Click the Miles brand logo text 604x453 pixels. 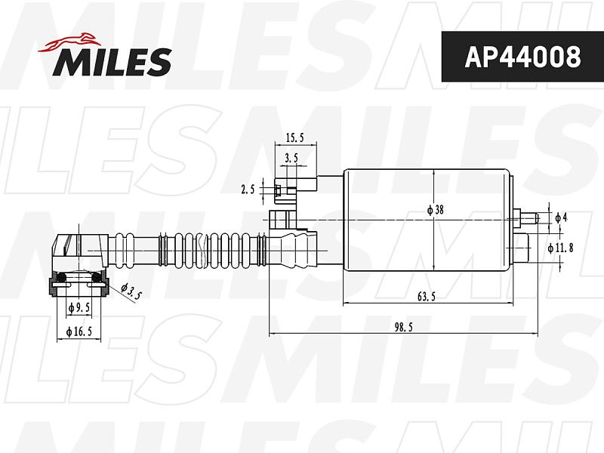pos(112,62)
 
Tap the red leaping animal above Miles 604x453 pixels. pos(69,42)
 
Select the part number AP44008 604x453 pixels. pos(522,57)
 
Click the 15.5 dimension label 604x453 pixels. pos(295,137)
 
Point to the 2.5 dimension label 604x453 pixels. pos(248,190)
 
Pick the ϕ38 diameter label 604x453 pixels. pos(436,210)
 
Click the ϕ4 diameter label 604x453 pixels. pos(561,217)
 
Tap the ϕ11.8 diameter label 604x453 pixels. pos(560,248)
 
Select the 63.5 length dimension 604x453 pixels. pos(427,297)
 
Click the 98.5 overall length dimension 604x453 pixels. pos(404,327)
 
